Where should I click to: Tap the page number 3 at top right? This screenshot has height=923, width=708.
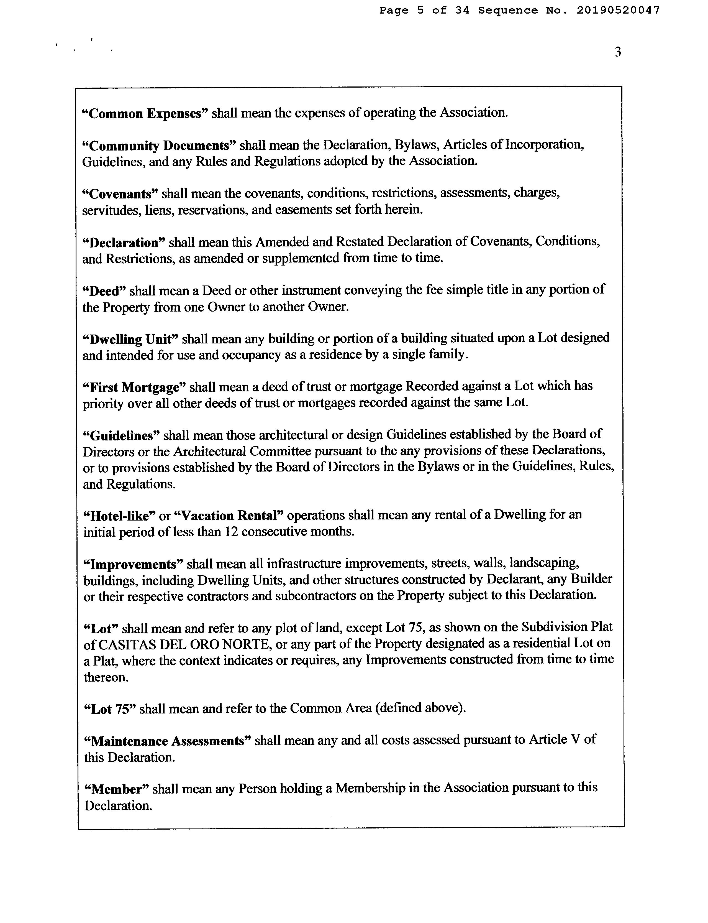pos(618,52)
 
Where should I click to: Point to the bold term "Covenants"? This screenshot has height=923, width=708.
pos(120,194)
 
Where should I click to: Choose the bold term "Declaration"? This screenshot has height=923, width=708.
pos(124,243)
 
